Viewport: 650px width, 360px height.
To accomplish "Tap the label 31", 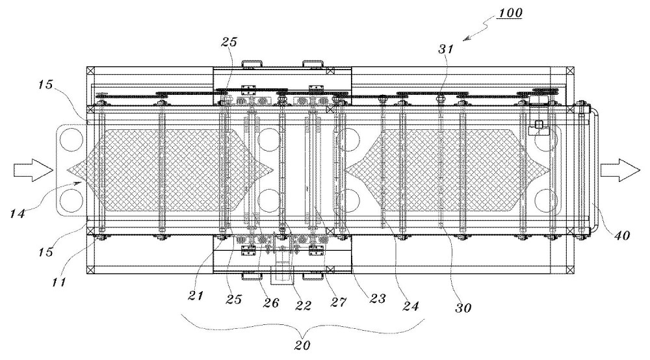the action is [x=446, y=49].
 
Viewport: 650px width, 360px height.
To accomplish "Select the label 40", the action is [x=621, y=235].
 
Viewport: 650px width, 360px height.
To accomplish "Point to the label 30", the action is [x=463, y=308].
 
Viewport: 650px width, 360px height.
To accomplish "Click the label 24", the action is [x=410, y=305].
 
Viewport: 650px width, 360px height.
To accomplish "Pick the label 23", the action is [x=377, y=298].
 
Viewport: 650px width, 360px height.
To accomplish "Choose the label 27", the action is [x=338, y=302].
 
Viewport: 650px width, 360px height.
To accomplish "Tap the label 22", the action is [x=302, y=305].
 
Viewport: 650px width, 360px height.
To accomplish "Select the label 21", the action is [x=195, y=296].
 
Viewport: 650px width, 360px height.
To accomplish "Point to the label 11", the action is [x=58, y=282].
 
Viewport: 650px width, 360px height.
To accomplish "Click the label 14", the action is [x=18, y=214].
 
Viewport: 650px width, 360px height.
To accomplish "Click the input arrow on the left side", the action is [x=32, y=170].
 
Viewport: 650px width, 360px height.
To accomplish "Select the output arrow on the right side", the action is [x=619, y=170].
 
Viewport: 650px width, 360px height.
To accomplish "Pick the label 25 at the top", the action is [x=229, y=42].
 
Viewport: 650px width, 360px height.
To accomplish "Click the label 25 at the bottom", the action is [x=233, y=299].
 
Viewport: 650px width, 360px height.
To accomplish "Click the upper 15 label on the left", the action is [x=45, y=84].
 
